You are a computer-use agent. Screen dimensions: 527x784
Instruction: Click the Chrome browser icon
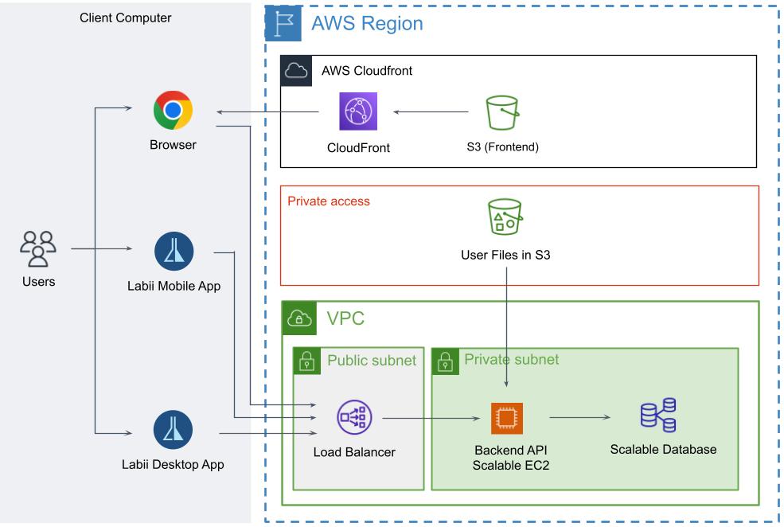click(x=173, y=111)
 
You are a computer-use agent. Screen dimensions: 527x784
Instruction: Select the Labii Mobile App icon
click(x=173, y=252)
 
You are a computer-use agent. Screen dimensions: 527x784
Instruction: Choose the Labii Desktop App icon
click(x=173, y=431)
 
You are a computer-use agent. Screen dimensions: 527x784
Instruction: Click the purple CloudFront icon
click(x=358, y=111)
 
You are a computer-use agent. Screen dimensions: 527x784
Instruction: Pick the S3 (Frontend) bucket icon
click(x=503, y=113)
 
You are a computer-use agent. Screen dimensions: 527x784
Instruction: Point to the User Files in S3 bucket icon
click(x=505, y=217)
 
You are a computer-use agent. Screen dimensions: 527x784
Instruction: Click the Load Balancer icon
click(x=354, y=416)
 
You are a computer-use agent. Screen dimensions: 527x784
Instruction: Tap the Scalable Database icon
click(x=658, y=415)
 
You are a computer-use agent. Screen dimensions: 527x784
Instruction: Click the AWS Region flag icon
click(x=283, y=23)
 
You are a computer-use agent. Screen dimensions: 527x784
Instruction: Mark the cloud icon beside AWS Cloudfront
click(x=295, y=70)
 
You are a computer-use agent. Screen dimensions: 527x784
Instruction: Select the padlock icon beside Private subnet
click(x=445, y=361)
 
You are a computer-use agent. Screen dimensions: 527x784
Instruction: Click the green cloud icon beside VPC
click(x=298, y=318)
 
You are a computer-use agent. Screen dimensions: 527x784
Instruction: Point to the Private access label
click(x=329, y=201)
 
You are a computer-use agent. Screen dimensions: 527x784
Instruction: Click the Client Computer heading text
click(x=126, y=18)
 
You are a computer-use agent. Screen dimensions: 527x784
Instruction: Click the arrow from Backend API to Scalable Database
click(x=580, y=416)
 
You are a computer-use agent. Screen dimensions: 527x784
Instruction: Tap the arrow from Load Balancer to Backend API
click(x=433, y=417)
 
